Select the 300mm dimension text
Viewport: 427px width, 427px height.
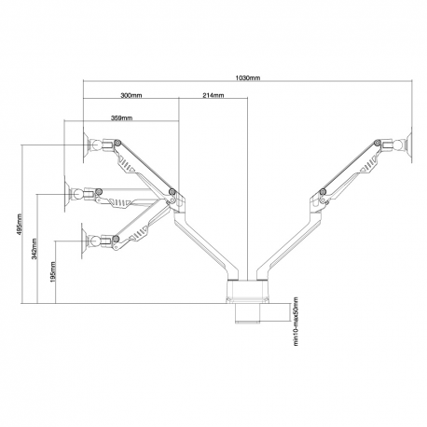tap(131, 96)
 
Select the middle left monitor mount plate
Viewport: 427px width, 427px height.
tap(73, 196)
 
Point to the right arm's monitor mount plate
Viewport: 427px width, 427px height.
tap(403, 145)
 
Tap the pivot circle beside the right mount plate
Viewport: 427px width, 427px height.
tap(376, 144)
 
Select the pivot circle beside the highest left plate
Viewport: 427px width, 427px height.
tap(117, 143)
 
